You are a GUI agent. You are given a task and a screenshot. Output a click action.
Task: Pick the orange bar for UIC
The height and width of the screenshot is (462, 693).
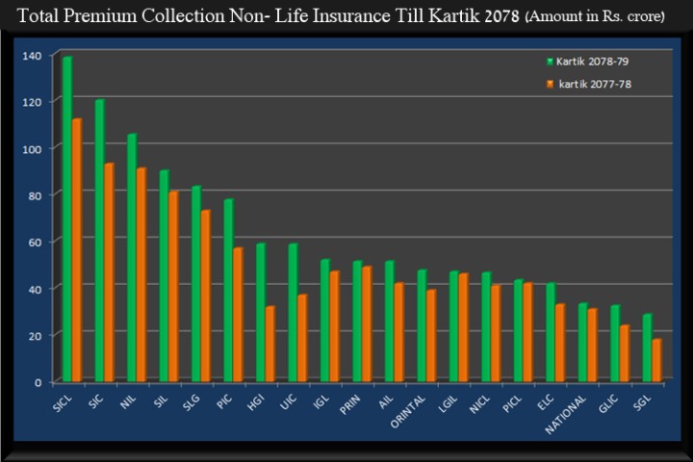tap(302, 338)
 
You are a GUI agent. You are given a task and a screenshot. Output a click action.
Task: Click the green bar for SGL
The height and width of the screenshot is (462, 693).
tap(647, 348)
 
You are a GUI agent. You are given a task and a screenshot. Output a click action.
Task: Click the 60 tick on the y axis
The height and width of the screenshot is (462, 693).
tap(36, 242)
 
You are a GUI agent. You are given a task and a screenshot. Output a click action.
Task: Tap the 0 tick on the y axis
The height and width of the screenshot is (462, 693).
tap(38, 382)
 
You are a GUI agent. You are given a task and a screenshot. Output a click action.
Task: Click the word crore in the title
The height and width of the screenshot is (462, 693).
tap(640, 17)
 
